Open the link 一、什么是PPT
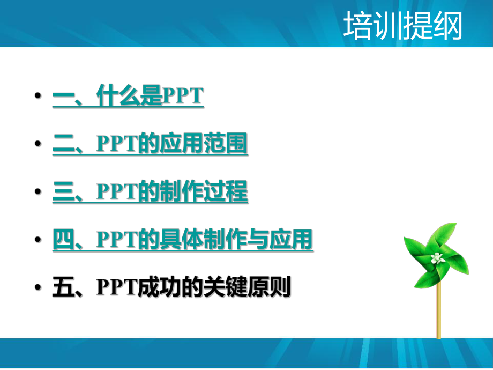tap(128, 97)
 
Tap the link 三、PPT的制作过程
tap(150, 193)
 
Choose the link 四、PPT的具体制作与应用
tap(183, 240)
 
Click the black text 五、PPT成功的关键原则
tap(171, 288)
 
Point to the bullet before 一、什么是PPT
tap(37, 97)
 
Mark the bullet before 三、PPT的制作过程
tap(37, 193)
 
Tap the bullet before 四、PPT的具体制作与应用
tap(37, 240)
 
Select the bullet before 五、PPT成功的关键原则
tap(37, 288)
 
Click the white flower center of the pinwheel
tap(437, 258)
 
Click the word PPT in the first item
tap(182, 97)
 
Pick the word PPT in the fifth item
tap(117, 288)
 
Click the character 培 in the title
tap(357, 27)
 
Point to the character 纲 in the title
tap(447, 27)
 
